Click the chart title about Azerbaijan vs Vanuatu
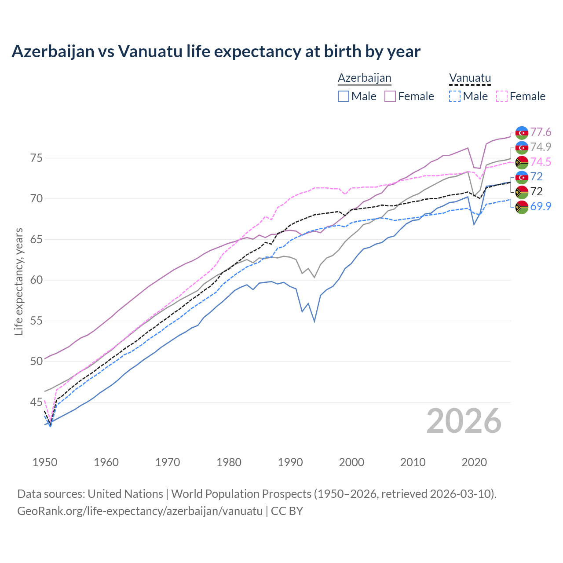[x=216, y=51]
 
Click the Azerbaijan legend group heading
[x=364, y=78]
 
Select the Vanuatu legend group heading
[x=469, y=78]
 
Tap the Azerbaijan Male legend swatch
[x=344, y=96]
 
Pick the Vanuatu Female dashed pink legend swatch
[x=502, y=96]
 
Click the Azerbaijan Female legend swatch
[x=390, y=96]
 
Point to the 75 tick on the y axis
[x=37, y=158]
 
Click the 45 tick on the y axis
[x=37, y=402]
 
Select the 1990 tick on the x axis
[x=290, y=462]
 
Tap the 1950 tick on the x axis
[x=45, y=462]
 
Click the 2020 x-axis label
[x=474, y=462]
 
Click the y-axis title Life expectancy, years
[x=19, y=281]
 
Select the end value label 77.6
[x=541, y=132]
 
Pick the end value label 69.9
[x=541, y=206]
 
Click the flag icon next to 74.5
[x=522, y=162]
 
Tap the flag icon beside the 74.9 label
[x=522, y=147]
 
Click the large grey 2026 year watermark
[x=464, y=421]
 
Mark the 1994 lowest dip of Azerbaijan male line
[x=314, y=321]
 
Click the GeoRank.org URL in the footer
[x=140, y=511]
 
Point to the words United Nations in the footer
[x=125, y=494]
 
